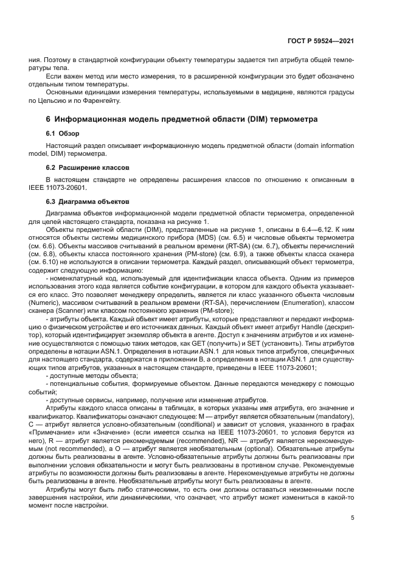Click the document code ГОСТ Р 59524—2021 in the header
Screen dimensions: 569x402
coord(321,40)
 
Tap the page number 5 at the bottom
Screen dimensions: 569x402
coord(352,518)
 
